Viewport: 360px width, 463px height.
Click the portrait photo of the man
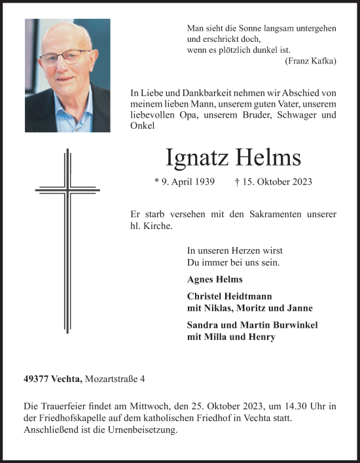[67, 75]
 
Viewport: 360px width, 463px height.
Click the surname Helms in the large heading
[269, 158]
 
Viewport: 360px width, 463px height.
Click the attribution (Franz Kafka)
[311, 61]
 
